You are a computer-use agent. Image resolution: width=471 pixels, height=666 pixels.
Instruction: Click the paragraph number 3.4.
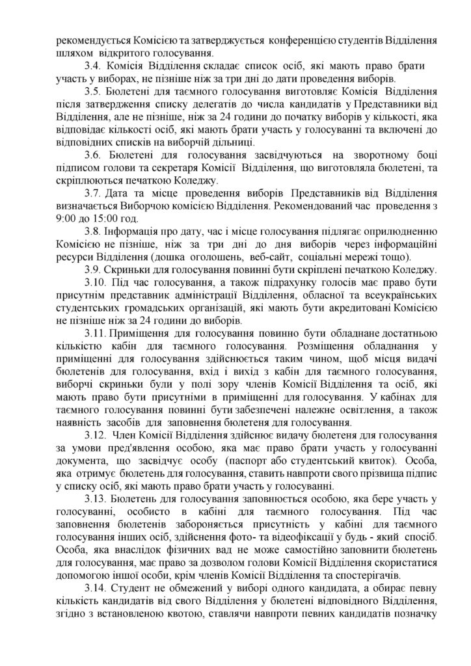(x=94, y=66)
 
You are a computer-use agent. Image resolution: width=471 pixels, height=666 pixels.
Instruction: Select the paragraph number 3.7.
(x=94, y=193)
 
